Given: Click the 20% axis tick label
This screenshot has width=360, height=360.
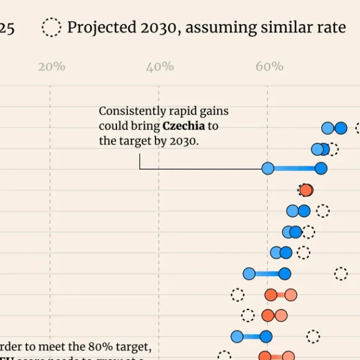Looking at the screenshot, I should pos(52,67).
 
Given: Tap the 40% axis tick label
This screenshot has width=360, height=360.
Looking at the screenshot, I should pos(160,67).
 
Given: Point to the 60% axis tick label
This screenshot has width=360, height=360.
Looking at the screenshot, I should pos(269,67).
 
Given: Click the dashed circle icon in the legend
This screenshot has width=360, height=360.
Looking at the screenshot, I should pos(52,28).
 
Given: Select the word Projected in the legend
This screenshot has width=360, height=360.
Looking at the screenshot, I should pos(98,28).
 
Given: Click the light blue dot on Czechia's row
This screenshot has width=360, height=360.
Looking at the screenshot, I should pos(268,169).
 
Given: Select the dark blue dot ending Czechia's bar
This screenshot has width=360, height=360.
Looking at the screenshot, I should pos(321,169).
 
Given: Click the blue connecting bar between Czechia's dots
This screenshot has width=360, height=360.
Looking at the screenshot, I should pos(294,169).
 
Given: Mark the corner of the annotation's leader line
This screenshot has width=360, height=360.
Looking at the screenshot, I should pos(140,169).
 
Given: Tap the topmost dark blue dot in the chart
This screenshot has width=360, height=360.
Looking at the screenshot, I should pos(341,128).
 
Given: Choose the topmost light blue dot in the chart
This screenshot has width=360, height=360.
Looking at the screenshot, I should pos(328,128).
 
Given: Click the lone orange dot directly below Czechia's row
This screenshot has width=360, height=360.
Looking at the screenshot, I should pos(306,190).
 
